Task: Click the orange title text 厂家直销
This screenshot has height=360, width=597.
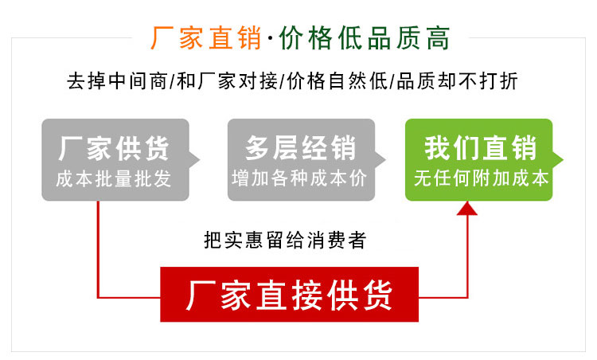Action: [x=206, y=37]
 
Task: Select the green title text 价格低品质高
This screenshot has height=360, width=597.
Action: [x=365, y=37]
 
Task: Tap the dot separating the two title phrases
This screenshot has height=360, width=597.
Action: [x=270, y=38]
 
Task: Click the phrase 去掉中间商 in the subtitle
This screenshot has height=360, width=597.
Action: [x=117, y=81]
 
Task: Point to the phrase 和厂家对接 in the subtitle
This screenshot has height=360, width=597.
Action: [x=227, y=81]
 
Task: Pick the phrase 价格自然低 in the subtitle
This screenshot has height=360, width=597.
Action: [x=337, y=81]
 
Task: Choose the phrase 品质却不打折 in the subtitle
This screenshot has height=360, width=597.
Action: [x=457, y=81]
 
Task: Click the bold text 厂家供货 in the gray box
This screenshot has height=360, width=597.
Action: [x=114, y=148]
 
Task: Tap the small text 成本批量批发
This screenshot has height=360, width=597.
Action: [x=114, y=179]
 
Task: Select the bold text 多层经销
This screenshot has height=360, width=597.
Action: [x=301, y=148]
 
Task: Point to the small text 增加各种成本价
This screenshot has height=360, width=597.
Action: [x=299, y=178]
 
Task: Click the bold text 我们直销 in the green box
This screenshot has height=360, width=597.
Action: [x=481, y=148]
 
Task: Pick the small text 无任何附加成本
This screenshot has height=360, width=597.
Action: [x=482, y=178]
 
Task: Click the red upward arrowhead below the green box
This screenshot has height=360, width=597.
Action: [x=466, y=209]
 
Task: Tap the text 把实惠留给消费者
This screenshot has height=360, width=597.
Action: [x=285, y=240]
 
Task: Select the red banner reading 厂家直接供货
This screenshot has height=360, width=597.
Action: [x=290, y=295]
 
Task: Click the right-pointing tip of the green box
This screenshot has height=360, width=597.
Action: [x=563, y=159]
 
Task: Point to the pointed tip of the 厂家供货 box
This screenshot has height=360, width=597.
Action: [x=200, y=159]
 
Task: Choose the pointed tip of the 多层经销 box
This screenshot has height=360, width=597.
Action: [x=385, y=159]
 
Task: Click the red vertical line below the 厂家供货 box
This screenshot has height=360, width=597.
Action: [x=98, y=249]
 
